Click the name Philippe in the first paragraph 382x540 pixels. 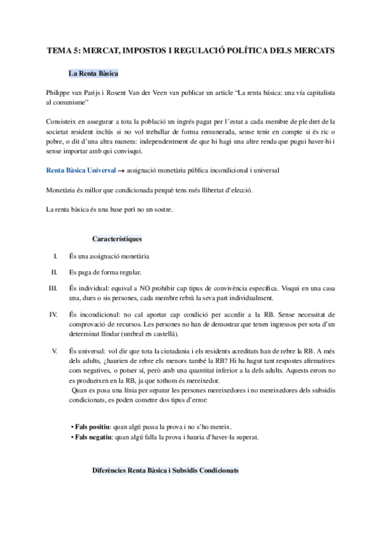[59, 92]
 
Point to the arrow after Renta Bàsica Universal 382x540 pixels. [122, 153]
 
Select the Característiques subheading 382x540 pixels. [117, 239]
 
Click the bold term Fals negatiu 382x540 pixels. [94, 437]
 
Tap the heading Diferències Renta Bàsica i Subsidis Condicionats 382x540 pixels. [166, 470]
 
